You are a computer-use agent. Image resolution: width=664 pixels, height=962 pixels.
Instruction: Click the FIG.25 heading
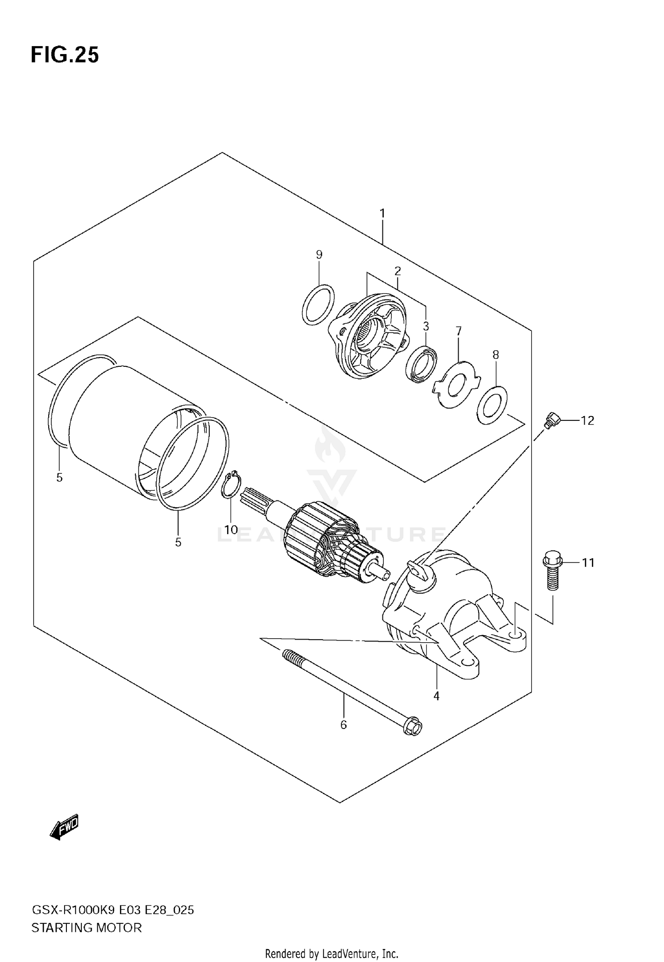point(65,55)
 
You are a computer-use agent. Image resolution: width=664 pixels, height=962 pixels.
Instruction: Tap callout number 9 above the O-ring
point(319,255)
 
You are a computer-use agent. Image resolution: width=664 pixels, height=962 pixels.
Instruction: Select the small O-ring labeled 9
point(318,304)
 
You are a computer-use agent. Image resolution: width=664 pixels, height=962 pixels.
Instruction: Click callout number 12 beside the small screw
point(587,420)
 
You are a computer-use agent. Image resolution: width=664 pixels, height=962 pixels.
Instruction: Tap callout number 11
point(587,563)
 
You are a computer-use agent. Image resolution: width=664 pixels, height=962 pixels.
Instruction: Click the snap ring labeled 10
point(231,485)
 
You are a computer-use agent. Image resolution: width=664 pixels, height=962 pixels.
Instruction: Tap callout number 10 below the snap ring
point(231,530)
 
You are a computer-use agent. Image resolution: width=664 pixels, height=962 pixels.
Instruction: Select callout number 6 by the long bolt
point(344,725)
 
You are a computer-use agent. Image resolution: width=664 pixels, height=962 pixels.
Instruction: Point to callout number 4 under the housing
point(436,696)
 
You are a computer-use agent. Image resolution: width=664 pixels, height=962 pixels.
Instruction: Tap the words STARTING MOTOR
point(87,928)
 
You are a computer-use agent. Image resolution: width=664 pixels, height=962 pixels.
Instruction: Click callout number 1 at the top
point(382,214)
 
